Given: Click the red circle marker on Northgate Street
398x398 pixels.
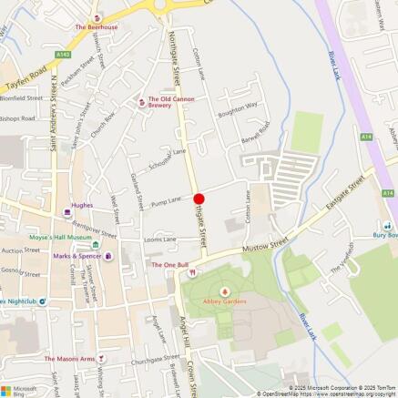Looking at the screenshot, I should [199, 199].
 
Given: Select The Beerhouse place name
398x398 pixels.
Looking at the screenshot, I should [96, 27].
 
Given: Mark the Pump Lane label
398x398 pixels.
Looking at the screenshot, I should [167, 200].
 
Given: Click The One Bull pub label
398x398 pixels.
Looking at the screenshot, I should [169, 265].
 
